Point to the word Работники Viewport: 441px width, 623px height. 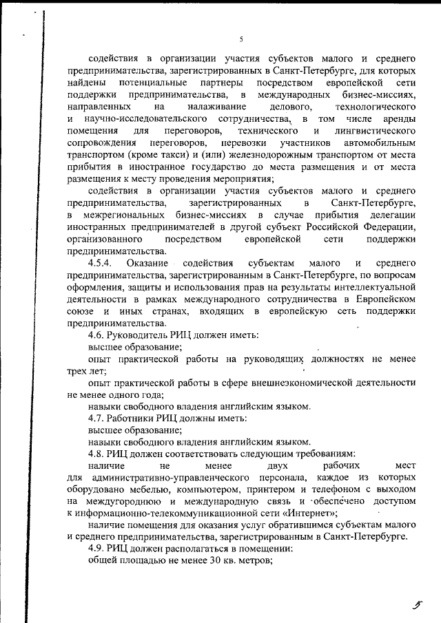pos(132,418)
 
